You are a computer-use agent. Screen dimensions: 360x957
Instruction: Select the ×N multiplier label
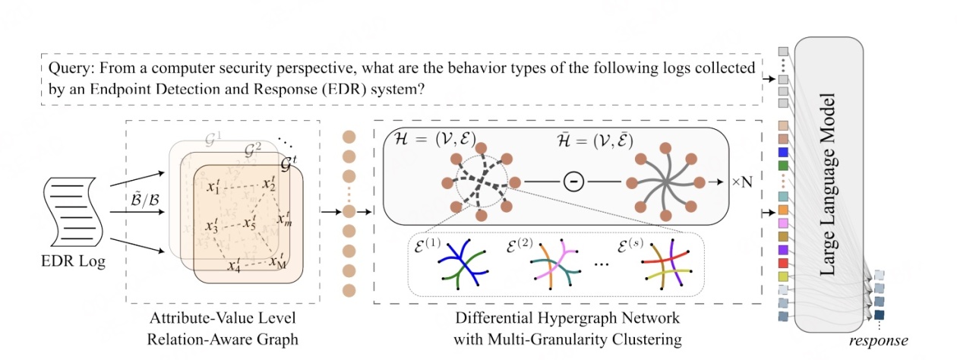pos(741,183)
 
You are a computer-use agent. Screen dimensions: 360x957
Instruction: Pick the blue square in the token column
pos(783,152)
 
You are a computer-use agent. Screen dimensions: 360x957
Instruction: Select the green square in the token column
pos(783,164)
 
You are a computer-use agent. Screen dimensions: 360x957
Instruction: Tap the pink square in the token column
pos(783,223)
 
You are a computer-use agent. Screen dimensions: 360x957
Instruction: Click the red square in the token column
pos(783,262)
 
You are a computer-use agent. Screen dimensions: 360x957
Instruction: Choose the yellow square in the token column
pos(783,275)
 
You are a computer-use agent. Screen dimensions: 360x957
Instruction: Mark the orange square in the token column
pos(783,210)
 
